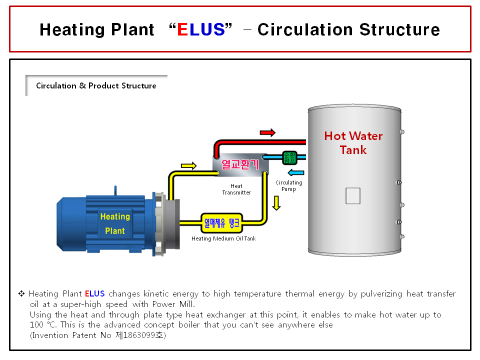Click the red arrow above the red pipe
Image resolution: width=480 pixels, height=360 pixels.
(x=267, y=132)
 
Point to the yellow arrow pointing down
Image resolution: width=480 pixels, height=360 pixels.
(x=276, y=202)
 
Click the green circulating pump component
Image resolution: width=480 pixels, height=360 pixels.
(x=289, y=157)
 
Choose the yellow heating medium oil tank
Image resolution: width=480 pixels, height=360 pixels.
(x=221, y=223)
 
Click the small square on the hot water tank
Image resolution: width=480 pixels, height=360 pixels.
(x=353, y=195)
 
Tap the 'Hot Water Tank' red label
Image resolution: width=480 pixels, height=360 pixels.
(x=353, y=142)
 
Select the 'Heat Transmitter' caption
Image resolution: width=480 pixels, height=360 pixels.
(x=237, y=189)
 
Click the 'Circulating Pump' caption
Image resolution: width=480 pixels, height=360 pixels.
(x=289, y=186)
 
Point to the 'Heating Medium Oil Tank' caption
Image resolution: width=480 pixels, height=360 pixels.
(x=223, y=238)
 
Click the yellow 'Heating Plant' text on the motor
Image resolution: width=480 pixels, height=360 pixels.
(x=115, y=223)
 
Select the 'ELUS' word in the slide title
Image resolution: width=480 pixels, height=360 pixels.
(x=201, y=29)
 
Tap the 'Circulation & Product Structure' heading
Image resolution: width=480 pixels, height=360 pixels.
(x=96, y=85)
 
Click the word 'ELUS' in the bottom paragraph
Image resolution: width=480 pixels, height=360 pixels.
(x=94, y=293)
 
